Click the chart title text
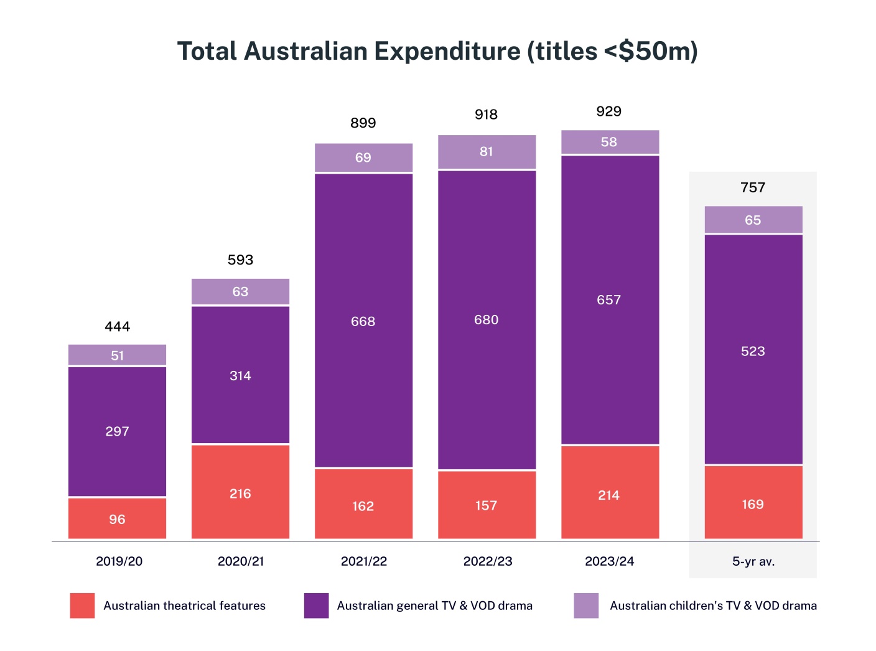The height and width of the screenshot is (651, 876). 437,51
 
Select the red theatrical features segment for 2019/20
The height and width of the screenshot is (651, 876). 117,518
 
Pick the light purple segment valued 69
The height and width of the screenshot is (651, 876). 363,157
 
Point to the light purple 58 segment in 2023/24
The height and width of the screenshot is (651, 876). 609,142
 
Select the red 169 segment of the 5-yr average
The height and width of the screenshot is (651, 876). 753,503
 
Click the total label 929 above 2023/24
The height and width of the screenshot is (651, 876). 608,111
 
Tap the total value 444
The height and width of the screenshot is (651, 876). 117,327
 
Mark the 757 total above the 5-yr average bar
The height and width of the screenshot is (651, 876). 753,187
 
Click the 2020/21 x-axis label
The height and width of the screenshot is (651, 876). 241,561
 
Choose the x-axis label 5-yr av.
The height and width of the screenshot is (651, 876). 753,561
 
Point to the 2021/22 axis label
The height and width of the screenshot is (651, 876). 363,561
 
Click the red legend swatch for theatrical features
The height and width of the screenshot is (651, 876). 82,606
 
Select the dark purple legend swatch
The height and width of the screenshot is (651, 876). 316,606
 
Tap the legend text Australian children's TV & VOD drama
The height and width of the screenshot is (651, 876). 713,606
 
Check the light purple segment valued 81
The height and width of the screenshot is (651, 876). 486,152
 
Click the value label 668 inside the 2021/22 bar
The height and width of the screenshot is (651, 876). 363,322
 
